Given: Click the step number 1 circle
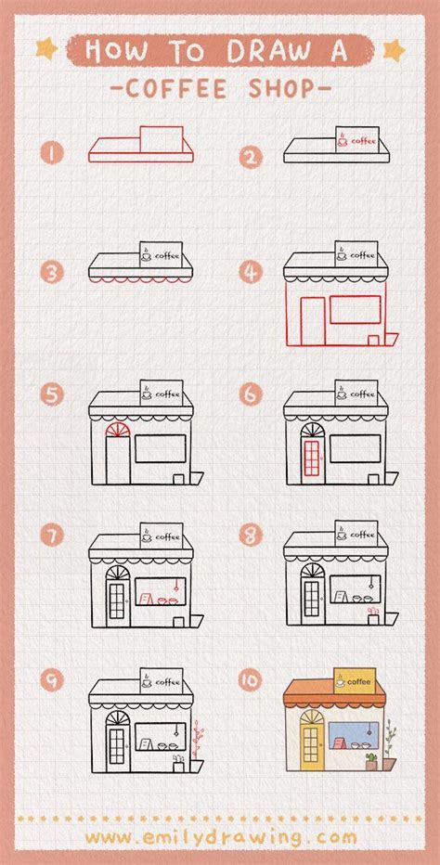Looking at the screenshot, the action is [x=52, y=152].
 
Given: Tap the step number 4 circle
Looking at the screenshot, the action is [x=251, y=273].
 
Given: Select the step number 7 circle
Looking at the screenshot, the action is [x=52, y=536].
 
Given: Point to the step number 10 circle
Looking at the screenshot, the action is [x=251, y=680].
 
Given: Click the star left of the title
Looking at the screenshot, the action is [x=45, y=49].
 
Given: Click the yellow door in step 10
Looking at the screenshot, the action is [x=311, y=741].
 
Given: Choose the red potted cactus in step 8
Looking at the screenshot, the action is [x=373, y=615].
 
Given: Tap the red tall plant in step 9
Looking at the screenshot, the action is [x=198, y=739].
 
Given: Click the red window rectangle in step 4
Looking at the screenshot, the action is [x=356, y=309].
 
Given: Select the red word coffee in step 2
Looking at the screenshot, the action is [x=364, y=141].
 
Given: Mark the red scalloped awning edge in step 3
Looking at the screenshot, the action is [x=141, y=279].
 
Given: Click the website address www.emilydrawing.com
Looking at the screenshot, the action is [x=221, y=838].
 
